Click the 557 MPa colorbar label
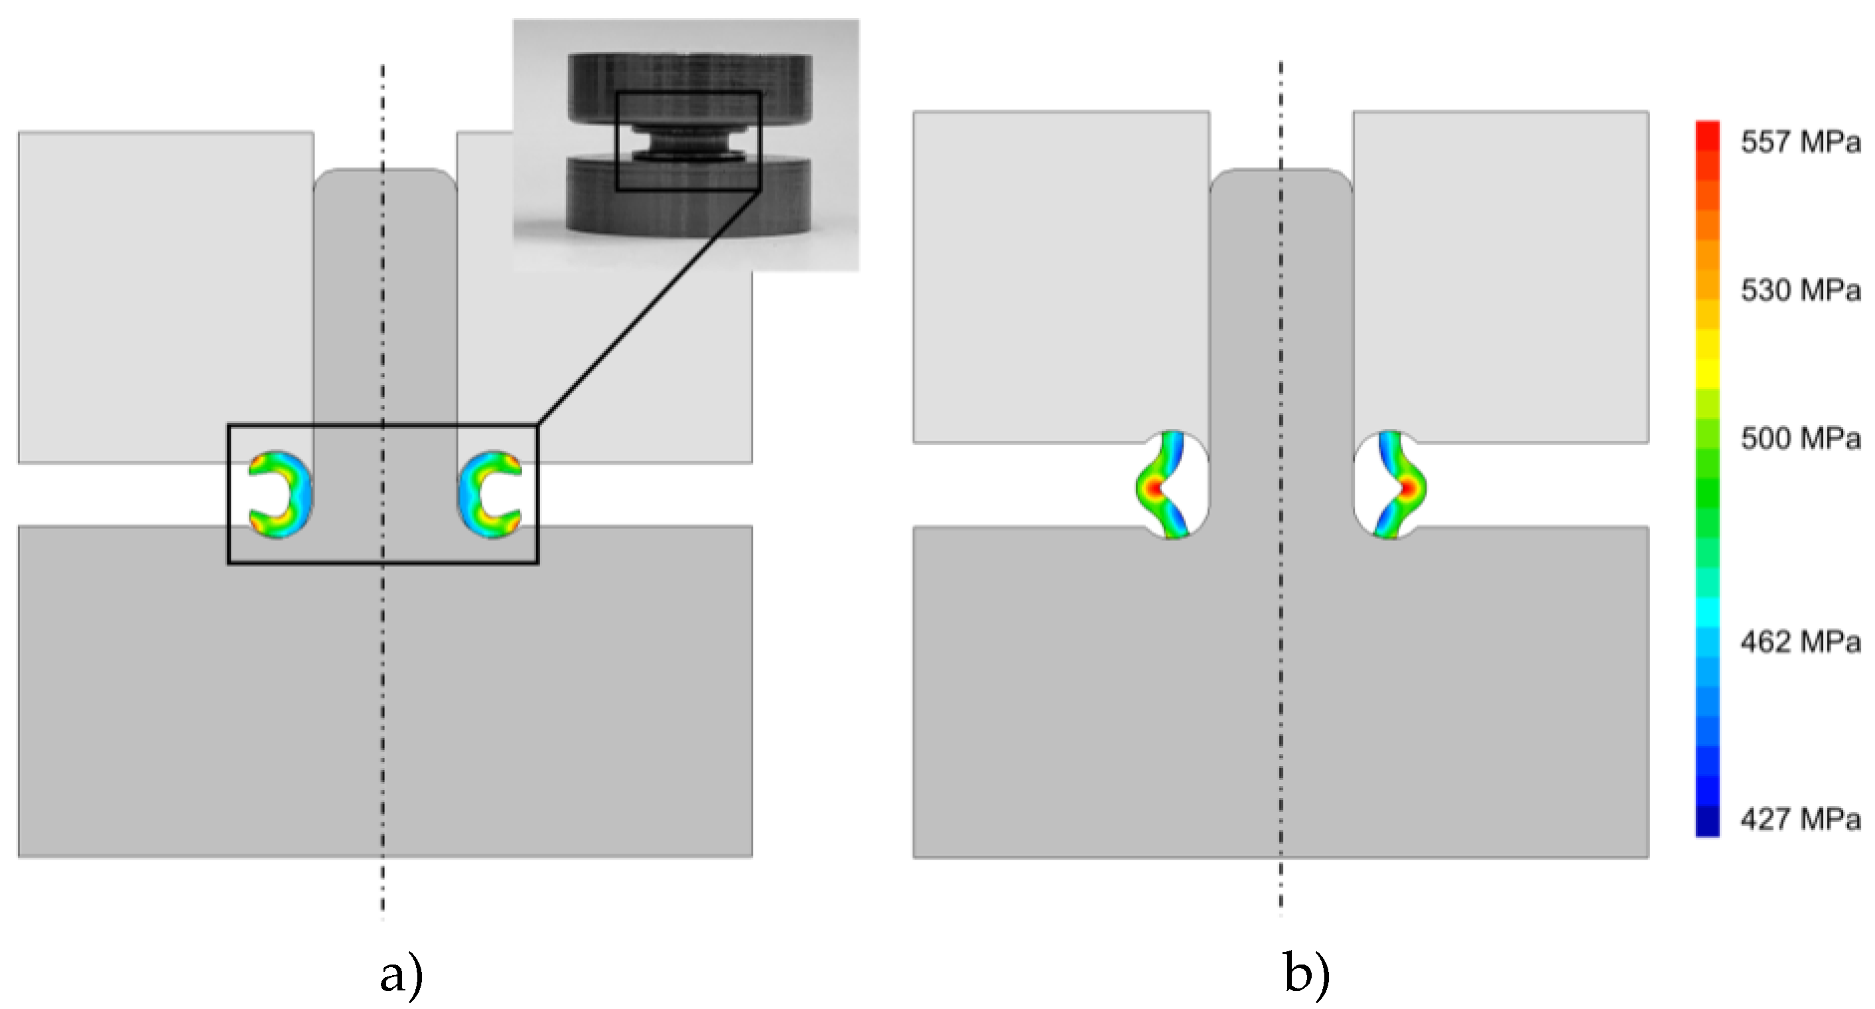tap(1799, 142)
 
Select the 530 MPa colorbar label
tap(1799, 291)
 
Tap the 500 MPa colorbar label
tap(1799, 439)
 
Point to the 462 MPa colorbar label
tap(1799, 641)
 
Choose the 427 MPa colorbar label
tap(1799, 820)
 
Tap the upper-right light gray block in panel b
tap(1499, 277)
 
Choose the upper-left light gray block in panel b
tap(1060, 277)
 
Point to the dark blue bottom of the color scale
tap(1707, 826)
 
